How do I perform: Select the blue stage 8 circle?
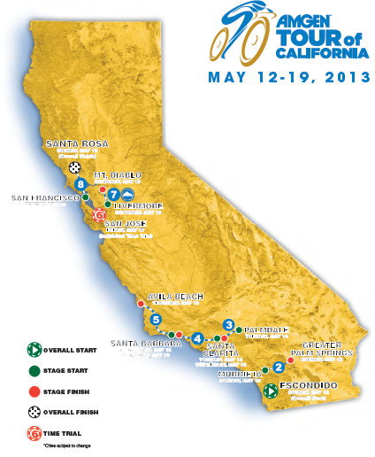(80, 184)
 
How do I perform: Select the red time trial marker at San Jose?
(99, 214)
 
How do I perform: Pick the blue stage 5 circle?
(156, 320)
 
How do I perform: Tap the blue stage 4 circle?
(197, 337)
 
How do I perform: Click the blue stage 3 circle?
(229, 325)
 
